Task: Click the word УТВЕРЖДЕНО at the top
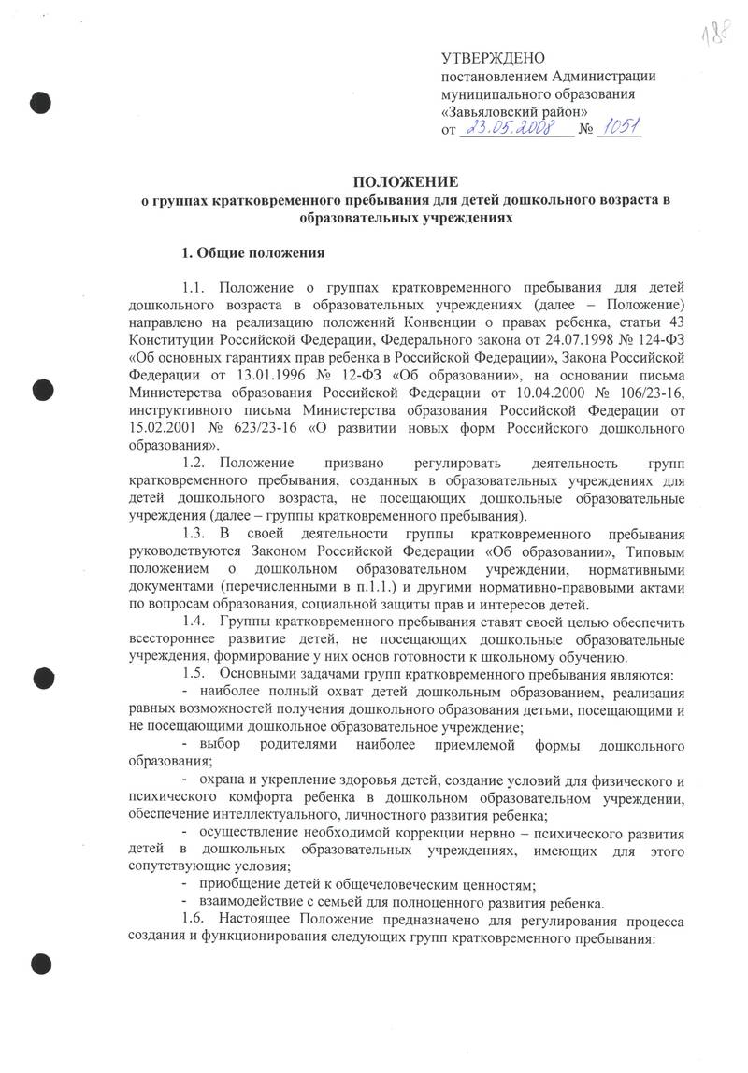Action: [493, 60]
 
